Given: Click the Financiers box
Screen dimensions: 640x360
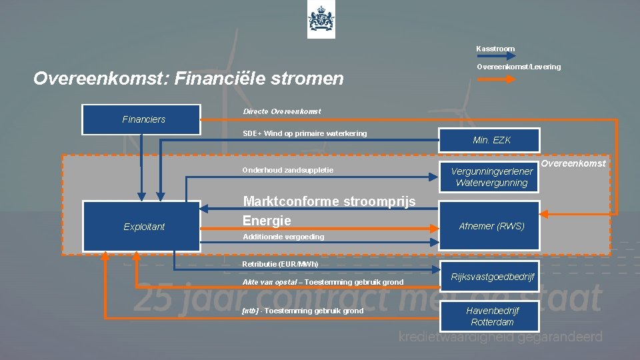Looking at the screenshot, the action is [141, 119].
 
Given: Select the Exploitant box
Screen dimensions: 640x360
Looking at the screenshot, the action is [141, 227].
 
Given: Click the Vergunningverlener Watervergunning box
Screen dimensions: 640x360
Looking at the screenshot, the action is [491, 177].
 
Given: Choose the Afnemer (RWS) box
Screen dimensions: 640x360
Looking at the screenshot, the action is [491, 226].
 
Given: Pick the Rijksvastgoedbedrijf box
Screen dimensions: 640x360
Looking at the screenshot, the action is [491, 277].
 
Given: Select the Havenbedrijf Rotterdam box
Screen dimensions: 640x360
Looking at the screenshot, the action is [491, 316].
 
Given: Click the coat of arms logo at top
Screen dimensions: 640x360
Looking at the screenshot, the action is [321, 20].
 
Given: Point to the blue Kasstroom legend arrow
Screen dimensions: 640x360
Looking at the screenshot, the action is [495, 58].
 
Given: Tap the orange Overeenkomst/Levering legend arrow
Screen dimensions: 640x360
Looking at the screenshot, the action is [495, 78].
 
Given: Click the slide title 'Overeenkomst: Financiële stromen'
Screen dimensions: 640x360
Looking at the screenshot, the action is [189, 79].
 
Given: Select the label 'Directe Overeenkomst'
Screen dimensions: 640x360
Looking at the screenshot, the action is [281, 111].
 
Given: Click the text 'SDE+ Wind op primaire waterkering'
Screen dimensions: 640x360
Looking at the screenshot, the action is [305, 133].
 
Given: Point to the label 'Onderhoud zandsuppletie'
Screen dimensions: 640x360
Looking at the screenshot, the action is [288, 170].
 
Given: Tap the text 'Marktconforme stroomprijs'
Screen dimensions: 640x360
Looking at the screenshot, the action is [329, 201].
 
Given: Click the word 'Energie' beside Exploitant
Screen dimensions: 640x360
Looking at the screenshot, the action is [267, 220].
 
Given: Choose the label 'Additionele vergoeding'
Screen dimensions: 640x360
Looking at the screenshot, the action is [283, 237].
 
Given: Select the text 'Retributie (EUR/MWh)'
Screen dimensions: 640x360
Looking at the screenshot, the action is [280, 264].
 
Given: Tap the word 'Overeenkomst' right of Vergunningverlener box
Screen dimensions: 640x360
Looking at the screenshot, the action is [573, 163].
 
